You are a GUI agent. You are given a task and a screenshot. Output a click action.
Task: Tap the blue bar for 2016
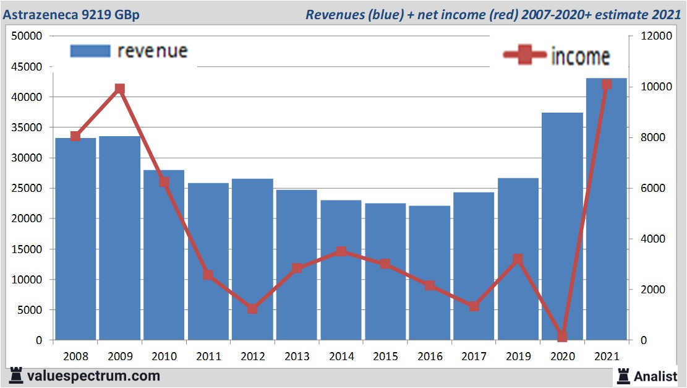429,273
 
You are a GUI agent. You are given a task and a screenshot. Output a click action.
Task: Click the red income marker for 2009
120,89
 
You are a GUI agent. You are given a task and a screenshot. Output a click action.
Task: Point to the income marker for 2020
562,337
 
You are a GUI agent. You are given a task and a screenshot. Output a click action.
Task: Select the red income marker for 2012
252,308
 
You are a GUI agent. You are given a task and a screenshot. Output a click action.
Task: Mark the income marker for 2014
341,251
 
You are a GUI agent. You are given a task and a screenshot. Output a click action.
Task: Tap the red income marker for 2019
518,259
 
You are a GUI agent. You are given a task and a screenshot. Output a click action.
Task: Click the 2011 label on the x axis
208,356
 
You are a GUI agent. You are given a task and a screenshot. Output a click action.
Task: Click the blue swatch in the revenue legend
90,51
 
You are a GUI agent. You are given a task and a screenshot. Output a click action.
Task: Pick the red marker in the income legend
525,55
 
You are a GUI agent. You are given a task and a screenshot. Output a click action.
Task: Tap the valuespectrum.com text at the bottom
93,376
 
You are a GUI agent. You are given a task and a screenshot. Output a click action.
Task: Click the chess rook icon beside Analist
623,375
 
